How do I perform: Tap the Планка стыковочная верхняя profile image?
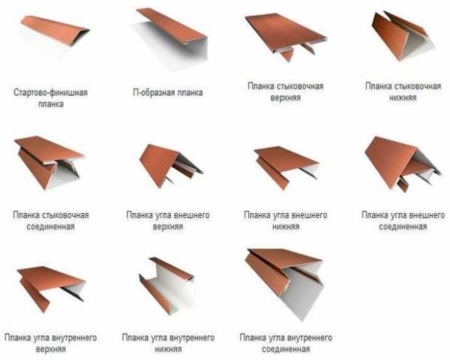pyautogui.click(x=286, y=36)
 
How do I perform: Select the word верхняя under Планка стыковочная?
pyautogui.click(x=285, y=97)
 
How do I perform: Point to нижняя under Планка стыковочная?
pyautogui.click(x=403, y=97)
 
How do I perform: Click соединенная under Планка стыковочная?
pyautogui.click(x=50, y=226)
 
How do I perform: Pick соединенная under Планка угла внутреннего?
pyautogui.click(x=286, y=349)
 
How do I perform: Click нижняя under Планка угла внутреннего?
pyautogui.click(x=168, y=349)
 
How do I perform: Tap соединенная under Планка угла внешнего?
pyautogui.click(x=403, y=226)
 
